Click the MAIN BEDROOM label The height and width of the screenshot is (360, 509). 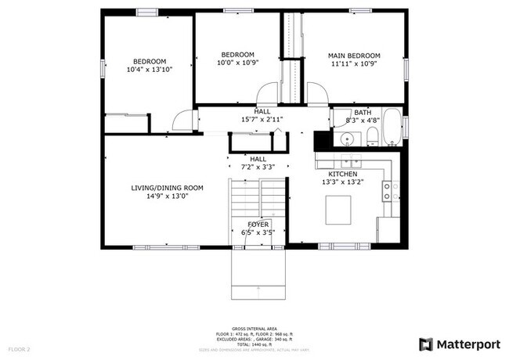(x=354, y=56)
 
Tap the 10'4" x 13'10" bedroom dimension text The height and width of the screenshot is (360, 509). (x=149, y=70)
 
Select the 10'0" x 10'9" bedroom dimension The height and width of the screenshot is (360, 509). (x=238, y=63)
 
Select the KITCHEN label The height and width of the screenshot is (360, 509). (x=343, y=174)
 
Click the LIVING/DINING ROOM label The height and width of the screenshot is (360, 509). (x=167, y=188)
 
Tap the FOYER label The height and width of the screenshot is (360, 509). (x=258, y=225)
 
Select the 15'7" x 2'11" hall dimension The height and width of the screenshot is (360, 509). (x=263, y=120)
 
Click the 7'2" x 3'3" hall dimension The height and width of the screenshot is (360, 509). (x=258, y=167)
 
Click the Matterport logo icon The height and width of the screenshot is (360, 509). (x=426, y=344)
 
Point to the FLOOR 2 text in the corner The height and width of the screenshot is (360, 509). (x=19, y=348)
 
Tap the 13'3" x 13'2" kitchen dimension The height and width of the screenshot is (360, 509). (x=343, y=182)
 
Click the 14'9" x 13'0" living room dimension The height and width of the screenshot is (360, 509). (x=167, y=196)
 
